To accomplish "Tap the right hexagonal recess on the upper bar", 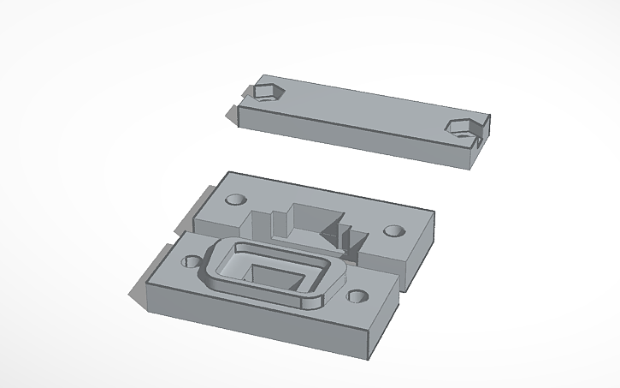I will tap(460, 128).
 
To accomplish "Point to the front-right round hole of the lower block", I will tap(358, 298).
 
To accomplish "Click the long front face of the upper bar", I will tap(351, 137).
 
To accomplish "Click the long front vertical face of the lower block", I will tap(257, 321).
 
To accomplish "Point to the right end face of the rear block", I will tap(419, 257).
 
